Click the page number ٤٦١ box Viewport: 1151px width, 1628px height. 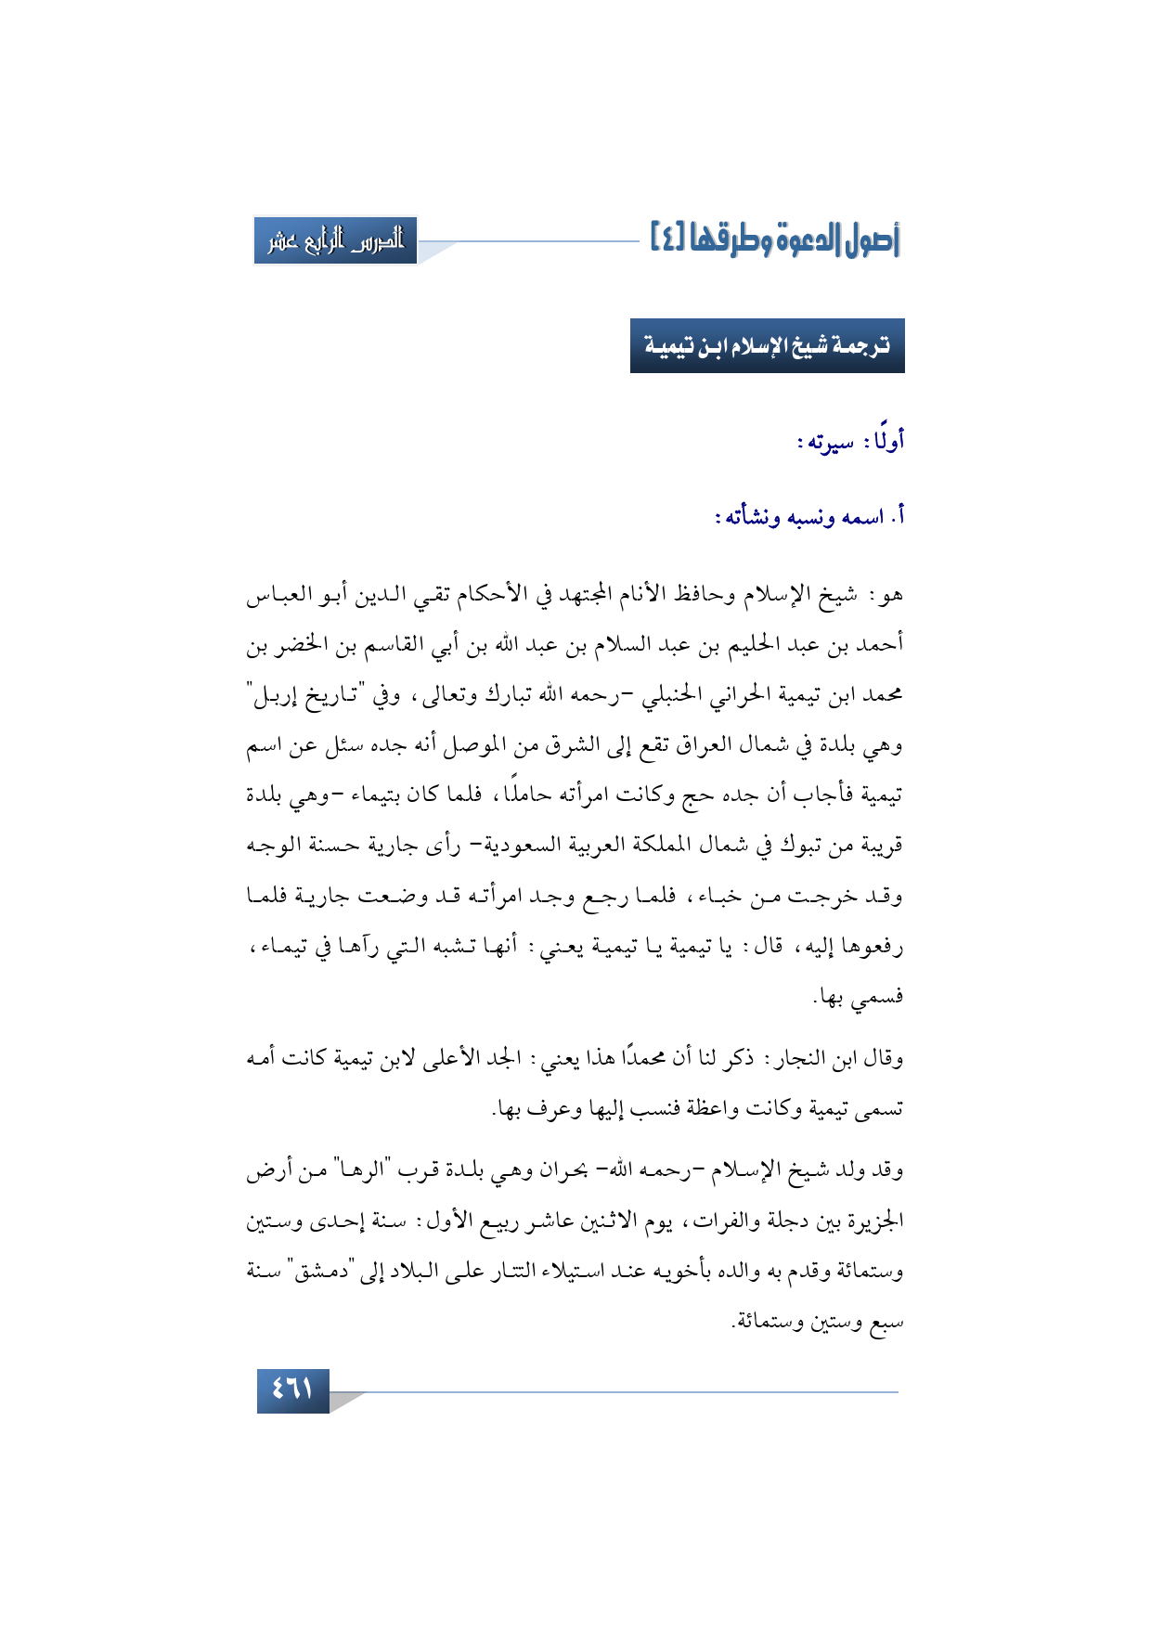(x=292, y=1389)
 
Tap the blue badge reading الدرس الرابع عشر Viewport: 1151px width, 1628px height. (x=336, y=241)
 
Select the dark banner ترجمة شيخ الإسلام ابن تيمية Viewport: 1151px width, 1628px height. (x=767, y=346)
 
